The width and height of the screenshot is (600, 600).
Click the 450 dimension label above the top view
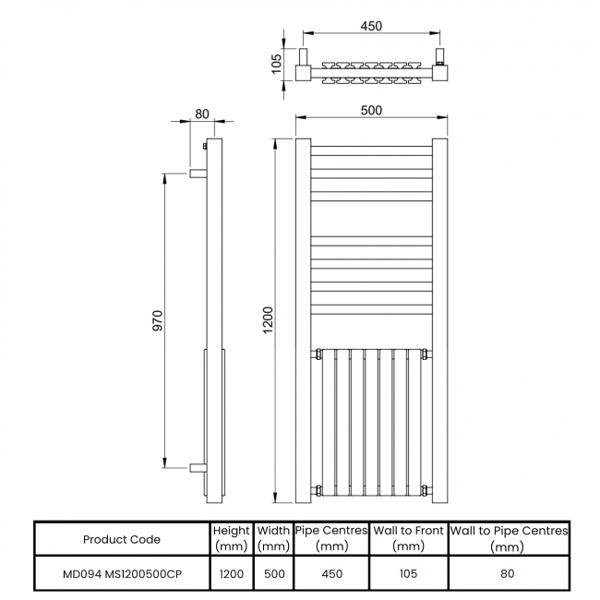(x=370, y=27)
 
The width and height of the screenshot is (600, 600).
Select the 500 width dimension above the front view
(x=370, y=110)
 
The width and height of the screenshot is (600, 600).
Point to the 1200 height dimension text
(x=268, y=321)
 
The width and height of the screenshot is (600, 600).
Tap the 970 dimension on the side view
(x=157, y=320)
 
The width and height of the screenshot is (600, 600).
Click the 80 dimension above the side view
(x=202, y=114)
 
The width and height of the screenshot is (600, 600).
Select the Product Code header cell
(x=122, y=539)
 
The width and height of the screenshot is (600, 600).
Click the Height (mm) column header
(x=231, y=538)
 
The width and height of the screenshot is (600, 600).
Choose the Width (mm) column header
(x=273, y=538)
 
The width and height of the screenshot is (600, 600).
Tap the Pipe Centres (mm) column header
(x=331, y=538)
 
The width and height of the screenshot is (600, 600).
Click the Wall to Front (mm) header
(x=408, y=538)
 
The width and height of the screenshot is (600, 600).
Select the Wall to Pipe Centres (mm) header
(x=508, y=538)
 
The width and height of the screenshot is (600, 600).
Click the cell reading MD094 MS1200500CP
(x=122, y=573)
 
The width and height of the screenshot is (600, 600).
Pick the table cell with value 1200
(x=231, y=573)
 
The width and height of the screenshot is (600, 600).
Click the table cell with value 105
(x=408, y=573)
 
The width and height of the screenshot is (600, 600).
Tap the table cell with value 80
(x=508, y=573)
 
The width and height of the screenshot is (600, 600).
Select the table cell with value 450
(x=331, y=573)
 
